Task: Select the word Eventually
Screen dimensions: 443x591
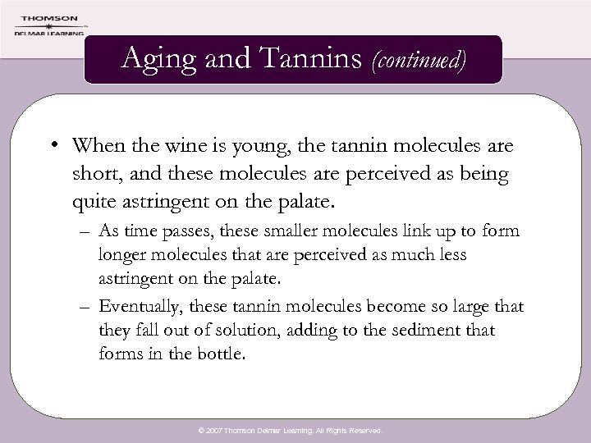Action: click(139, 307)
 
